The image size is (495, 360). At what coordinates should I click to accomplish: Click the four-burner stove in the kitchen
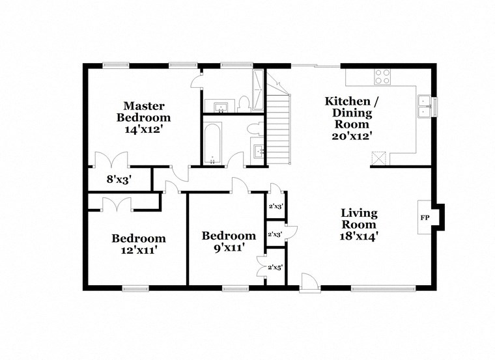(382, 77)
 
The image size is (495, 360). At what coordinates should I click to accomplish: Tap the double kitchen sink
(424, 106)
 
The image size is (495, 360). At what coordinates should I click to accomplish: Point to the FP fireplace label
(425, 217)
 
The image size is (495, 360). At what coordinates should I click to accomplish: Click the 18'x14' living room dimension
(359, 236)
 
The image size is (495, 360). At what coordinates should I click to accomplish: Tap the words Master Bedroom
(144, 111)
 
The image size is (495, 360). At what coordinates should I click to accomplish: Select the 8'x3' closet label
(119, 180)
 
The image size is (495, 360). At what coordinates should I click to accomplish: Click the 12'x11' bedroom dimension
(138, 250)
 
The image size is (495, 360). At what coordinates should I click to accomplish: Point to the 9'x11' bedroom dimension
(228, 247)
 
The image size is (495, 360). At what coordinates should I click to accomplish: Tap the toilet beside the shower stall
(244, 103)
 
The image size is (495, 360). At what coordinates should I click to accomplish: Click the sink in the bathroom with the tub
(259, 152)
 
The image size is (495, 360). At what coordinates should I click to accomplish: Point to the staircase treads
(279, 127)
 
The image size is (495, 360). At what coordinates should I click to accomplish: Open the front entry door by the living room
(309, 282)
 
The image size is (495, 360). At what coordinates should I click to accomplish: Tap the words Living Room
(359, 219)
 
